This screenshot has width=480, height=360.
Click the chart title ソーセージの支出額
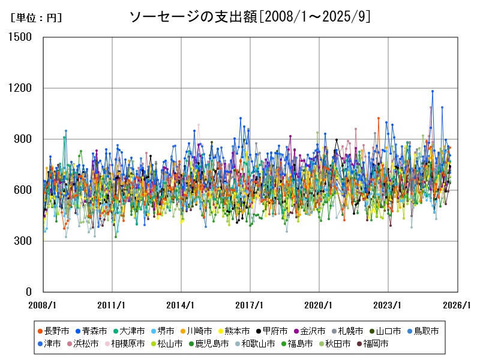click(250, 17)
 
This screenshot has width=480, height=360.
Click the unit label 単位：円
click(37, 18)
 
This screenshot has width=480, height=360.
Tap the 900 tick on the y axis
click(25, 139)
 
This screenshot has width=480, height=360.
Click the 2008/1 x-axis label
click(43, 305)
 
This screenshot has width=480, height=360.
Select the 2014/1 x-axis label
click(181, 305)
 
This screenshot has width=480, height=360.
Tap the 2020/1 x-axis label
click(319, 305)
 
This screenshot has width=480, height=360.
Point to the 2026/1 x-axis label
click(457, 305)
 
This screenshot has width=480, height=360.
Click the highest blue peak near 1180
click(433, 91)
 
